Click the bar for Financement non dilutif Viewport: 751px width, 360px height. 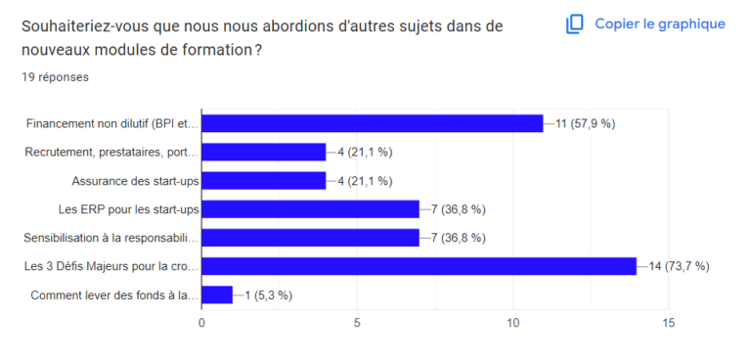coord(372,123)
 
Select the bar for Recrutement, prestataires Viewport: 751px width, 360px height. coord(263,152)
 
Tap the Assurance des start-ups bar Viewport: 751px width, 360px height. coord(263,180)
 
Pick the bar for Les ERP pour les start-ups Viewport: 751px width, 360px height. coord(310,208)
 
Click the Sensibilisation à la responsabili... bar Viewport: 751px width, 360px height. coord(310,238)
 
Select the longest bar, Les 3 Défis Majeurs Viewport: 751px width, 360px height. coord(419,266)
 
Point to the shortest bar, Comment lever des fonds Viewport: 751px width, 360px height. coord(217,294)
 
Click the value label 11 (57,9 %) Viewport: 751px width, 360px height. coord(586,123)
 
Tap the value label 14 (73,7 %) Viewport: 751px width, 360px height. coord(680,266)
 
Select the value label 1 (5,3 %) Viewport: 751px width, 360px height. coord(267,294)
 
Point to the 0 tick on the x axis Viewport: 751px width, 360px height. coord(202,322)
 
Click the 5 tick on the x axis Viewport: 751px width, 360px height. coord(358,322)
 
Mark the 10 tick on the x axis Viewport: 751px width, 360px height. coord(512,322)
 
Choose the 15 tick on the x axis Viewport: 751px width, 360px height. coord(668,322)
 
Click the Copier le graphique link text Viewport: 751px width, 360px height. coord(660,23)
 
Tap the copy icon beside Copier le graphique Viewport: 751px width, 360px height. coord(575,23)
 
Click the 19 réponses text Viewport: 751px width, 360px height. coord(56,77)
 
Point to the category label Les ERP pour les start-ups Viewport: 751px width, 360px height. coord(129,208)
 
